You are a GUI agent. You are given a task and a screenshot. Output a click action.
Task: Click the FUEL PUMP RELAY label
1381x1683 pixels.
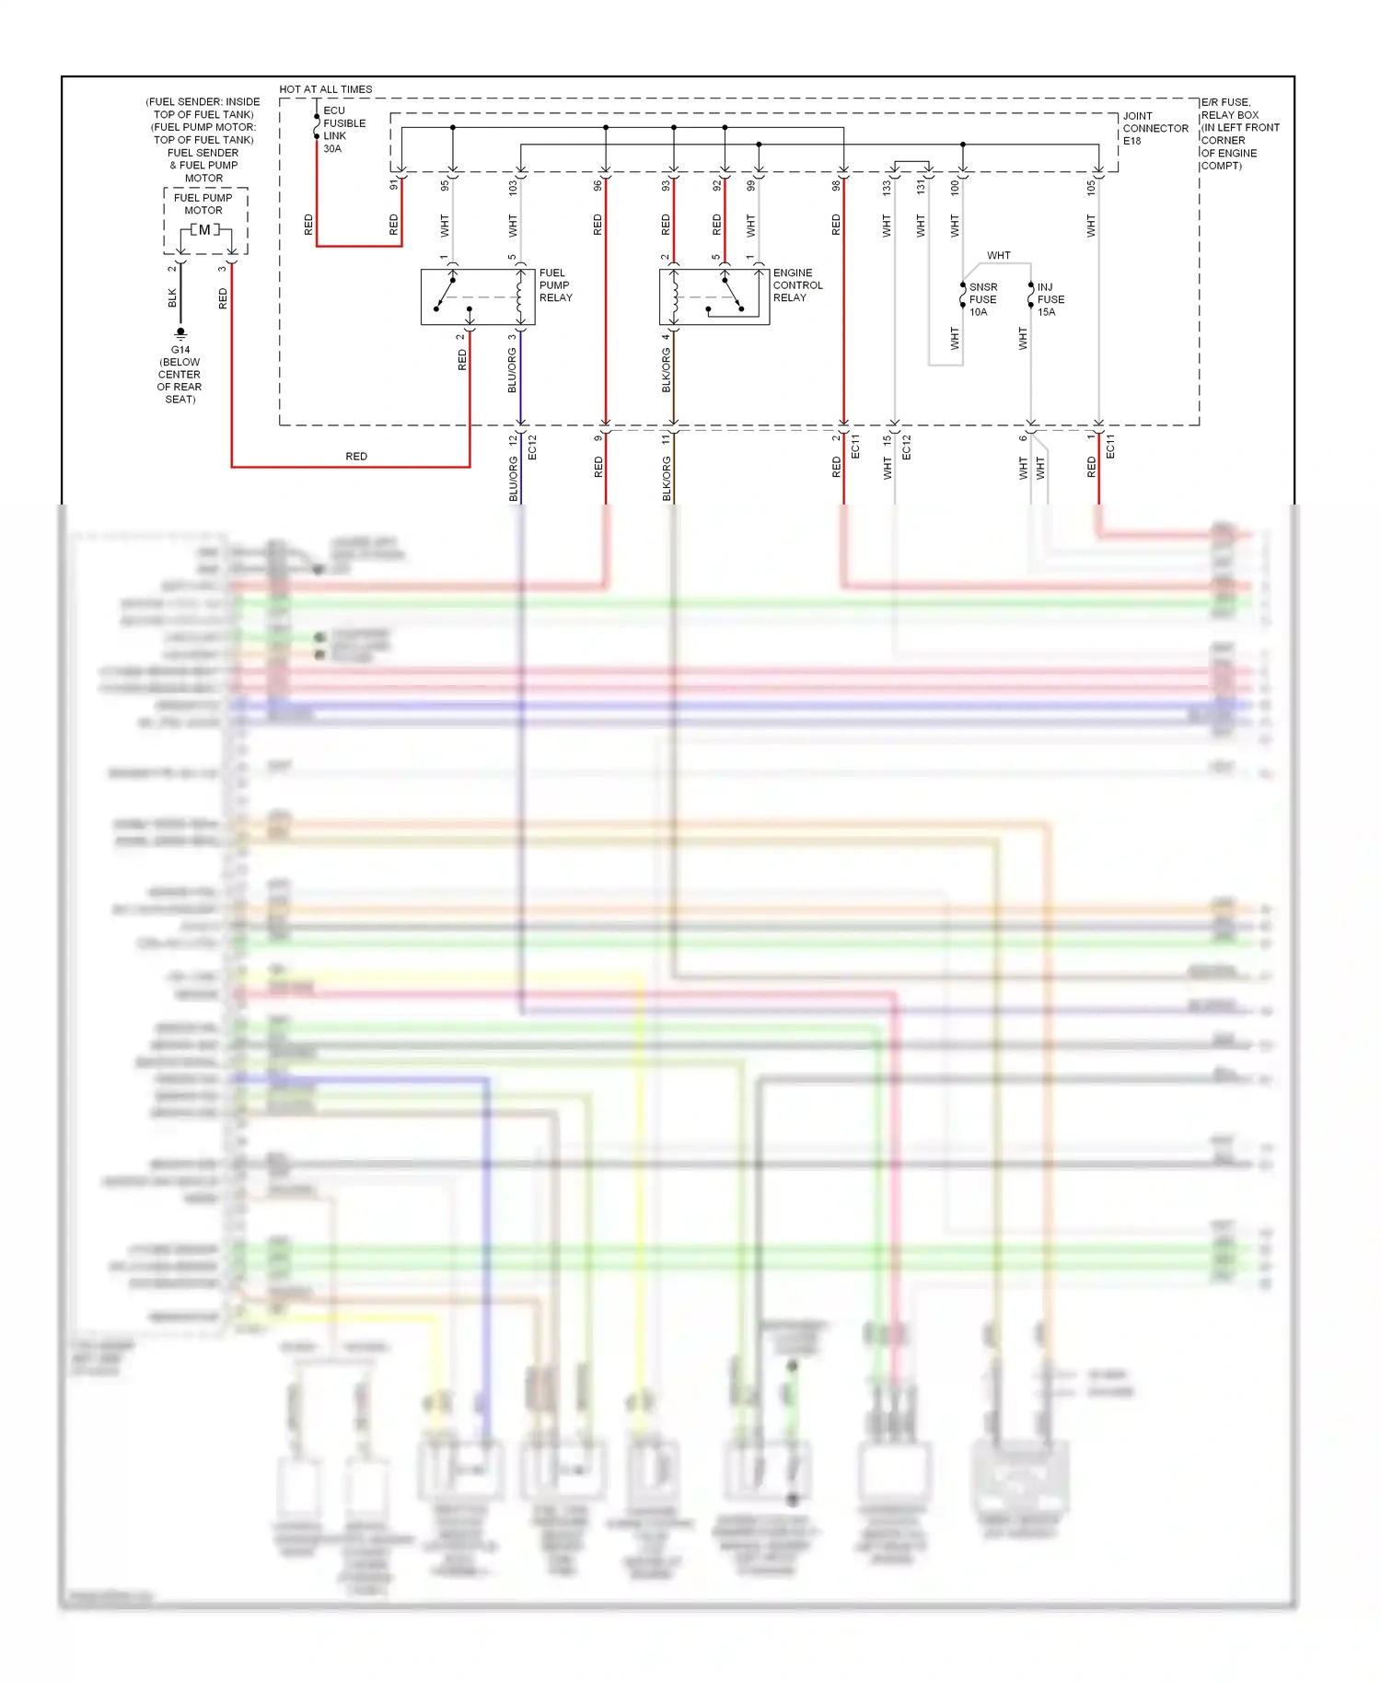pyautogui.click(x=555, y=285)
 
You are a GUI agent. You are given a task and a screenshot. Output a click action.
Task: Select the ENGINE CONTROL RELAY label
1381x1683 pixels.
pyautogui.click(x=797, y=285)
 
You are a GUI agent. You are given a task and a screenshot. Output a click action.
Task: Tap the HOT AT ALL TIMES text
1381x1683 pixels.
pyautogui.click(x=326, y=89)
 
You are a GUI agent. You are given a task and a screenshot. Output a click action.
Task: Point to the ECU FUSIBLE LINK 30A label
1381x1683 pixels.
pyautogui.click(x=343, y=129)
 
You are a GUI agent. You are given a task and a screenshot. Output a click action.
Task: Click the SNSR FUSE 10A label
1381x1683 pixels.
pyautogui.click(x=982, y=299)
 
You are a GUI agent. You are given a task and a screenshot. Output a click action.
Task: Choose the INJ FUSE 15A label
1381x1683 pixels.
pyautogui.click(x=1050, y=299)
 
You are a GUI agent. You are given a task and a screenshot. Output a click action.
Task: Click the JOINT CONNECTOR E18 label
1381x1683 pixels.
pyautogui.click(x=1155, y=128)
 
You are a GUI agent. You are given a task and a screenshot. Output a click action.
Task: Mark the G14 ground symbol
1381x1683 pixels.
pyautogui.click(x=180, y=333)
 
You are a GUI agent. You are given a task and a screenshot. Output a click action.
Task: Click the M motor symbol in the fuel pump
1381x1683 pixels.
pyautogui.click(x=204, y=230)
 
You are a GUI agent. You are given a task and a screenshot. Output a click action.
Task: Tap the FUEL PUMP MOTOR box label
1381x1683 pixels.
pyautogui.click(x=203, y=203)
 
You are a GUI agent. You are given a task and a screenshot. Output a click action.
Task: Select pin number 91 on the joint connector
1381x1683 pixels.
pyautogui.click(x=394, y=185)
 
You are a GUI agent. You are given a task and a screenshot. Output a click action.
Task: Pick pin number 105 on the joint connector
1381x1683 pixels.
pyautogui.click(x=1091, y=187)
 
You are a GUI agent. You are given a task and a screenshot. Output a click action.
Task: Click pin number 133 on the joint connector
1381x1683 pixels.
pyautogui.click(x=887, y=187)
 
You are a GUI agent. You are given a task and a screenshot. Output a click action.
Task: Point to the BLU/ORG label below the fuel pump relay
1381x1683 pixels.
pyautogui.click(x=512, y=370)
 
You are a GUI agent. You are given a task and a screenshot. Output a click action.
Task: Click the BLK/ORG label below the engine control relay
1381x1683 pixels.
pyautogui.click(x=666, y=370)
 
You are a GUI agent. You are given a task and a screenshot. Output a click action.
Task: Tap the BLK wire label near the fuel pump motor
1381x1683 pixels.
pyautogui.click(x=172, y=297)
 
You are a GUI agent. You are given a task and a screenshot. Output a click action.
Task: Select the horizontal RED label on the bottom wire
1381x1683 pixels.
pyautogui.click(x=356, y=457)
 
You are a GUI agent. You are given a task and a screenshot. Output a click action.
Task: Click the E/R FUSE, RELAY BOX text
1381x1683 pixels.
pyautogui.click(x=1228, y=109)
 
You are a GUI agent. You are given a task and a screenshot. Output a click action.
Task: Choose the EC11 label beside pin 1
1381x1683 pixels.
pyautogui.click(x=1110, y=447)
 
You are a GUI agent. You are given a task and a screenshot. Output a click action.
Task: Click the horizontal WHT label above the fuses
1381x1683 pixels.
pyautogui.click(x=999, y=255)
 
